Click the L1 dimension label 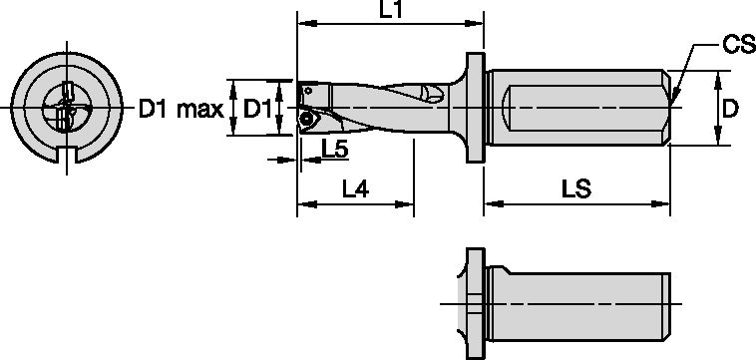pos(390,10)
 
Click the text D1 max pos(180,108)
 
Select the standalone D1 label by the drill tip pos(259,108)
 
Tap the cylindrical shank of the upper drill pos(578,105)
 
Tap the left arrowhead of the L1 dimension pos(302,22)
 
